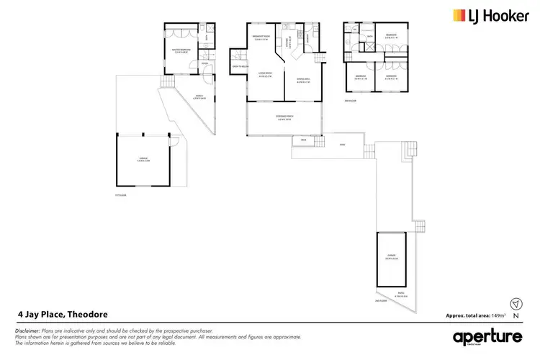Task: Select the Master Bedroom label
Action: pos(180,50)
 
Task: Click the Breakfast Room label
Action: pos(261,38)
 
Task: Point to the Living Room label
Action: pos(264,73)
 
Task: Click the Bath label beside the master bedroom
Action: pos(206,38)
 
